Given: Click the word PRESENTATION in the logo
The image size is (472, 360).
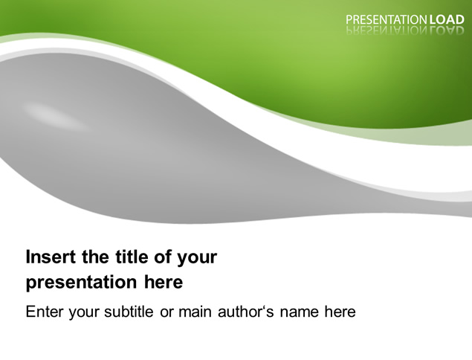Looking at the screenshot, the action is coord(387,20).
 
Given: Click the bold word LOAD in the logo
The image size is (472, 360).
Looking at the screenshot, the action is coord(447,20).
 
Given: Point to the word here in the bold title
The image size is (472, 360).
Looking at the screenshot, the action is coord(164,283).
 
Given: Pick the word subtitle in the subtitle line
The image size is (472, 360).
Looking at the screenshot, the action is coord(129,312).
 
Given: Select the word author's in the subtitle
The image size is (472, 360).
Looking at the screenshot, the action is coord(246,312).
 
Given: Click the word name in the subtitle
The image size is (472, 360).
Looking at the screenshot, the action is coord(299,312).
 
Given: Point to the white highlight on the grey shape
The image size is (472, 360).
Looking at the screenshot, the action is coord(56,116).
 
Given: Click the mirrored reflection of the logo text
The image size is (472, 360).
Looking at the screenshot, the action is coord(405,30).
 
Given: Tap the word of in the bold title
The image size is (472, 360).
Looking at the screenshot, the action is coord(164,257).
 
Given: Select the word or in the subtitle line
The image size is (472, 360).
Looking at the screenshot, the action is coord(166,312).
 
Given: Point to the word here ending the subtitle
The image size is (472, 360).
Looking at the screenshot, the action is coord(340,312).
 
